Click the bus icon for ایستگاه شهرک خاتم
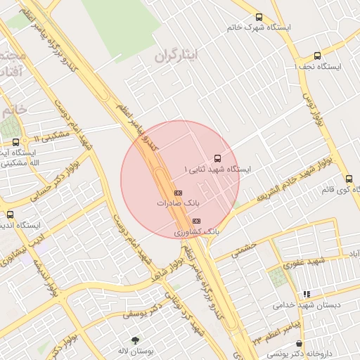tap(259, 18)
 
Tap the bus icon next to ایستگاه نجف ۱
tap(317, 56)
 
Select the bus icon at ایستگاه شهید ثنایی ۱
tap(217, 158)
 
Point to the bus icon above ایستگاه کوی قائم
tap(349, 179)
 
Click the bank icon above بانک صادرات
tap(178, 192)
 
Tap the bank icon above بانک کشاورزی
tap(196, 221)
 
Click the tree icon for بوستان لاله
tap(135, 340)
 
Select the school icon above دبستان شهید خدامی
tap(306, 295)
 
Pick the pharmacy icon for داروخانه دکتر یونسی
tap(300, 344)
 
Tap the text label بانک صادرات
tap(178, 202)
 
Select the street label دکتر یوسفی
tap(143, 311)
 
